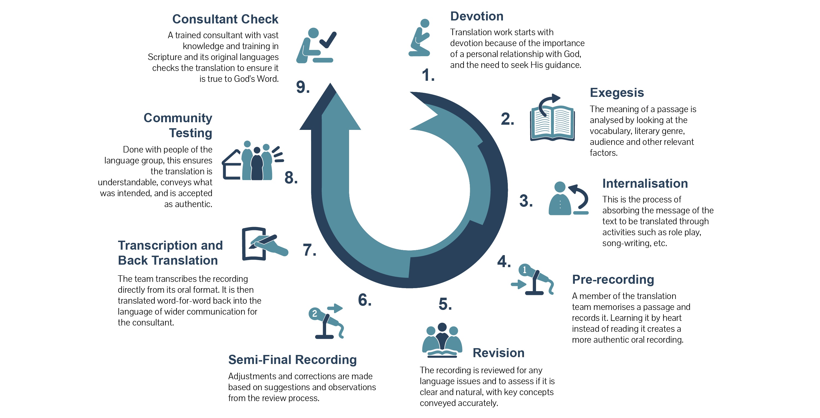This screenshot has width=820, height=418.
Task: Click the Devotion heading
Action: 476,16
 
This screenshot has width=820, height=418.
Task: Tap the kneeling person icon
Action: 419,37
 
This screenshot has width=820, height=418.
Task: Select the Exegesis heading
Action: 617,92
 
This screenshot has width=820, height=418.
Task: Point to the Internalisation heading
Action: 645,183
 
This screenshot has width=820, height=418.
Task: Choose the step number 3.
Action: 526,201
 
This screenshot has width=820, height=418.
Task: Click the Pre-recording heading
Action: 613,279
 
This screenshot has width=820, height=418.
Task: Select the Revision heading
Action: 499,353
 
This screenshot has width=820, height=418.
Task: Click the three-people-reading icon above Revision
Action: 442,340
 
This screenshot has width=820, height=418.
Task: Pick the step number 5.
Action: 445,304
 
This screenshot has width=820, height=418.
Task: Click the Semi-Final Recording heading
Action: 292,360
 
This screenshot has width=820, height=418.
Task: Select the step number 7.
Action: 309,250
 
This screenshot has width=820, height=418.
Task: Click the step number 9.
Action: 303,87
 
